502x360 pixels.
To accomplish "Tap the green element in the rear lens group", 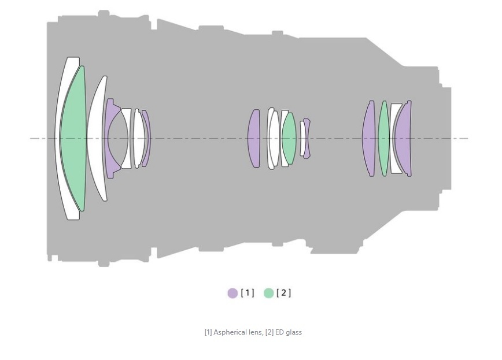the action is click(384, 139).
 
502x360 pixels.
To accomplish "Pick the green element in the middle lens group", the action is click(289, 139).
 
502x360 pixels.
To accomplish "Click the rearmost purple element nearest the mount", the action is click(404, 139).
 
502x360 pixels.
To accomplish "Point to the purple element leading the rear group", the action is click(369, 139).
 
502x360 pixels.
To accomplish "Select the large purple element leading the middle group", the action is click(253, 139).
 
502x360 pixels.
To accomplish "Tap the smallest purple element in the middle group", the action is click(307, 139).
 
